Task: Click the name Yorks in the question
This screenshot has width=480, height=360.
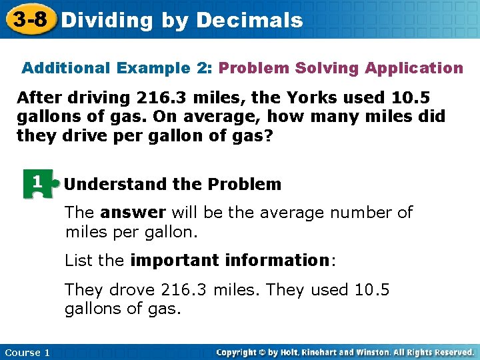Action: click(x=311, y=98)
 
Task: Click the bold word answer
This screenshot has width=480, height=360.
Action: click(x=133, y=213)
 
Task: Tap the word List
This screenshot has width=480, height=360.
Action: click(x=78, y=260)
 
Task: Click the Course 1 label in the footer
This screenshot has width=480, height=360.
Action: click(x=27, y=352)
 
